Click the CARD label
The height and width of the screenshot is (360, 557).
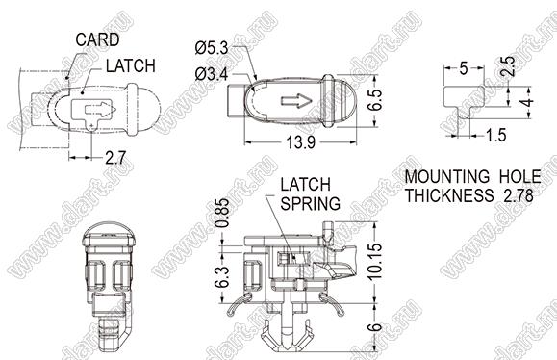pyautogui.click(x=97, y=39)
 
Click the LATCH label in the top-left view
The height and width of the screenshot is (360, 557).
pyautogui.click(x=131, y=65)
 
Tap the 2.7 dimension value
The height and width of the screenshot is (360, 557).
pyautogui.click(x=115, y=158)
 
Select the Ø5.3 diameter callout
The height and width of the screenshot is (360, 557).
pyautogui.click(x=212, y=48)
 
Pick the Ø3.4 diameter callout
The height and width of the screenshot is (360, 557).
pyautogui.click(x=212, y=74)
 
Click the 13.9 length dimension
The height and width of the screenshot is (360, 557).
pyautogui.click(x=301, y=142)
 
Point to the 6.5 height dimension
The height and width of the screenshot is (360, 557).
pyautogui.click(x=375, y=100)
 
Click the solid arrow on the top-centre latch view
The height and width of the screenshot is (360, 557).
pyautogui.click(x=296, y=101)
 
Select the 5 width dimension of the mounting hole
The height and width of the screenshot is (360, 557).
pyautogui.click(x=464, y=68)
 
